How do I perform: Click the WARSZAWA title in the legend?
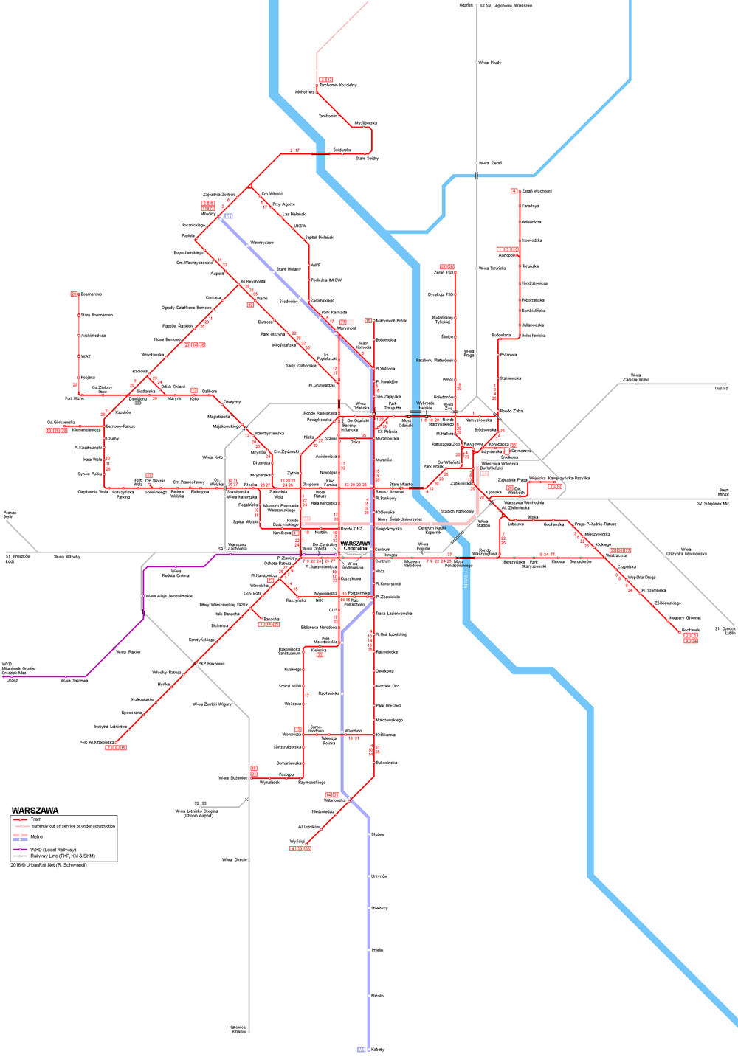pyautogui.click(x=35, y=810)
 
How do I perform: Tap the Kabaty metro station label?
pyautogui.click(x=378, y=1049)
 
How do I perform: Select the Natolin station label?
pyautogui.click(x=377, y=996)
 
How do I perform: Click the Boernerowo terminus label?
pyautogui.click(x=91, y=294)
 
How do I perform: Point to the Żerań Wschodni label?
pyautogui.click(x=537, y=191)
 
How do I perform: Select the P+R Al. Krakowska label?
pyautogui.click(x=97, y=742)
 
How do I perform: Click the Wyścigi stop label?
pyautogui.click(x=297, y=841)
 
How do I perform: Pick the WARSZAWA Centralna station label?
pyautogui.click(x=355, y=546)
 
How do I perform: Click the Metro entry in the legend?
pyautogui.click(x=36, y=836)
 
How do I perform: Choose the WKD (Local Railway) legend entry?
pyautogui.click(x=52, y=850)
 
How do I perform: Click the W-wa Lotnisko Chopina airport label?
pyautogui.click(x=196, y=813)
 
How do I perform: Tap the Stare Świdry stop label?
pyautogui.click(x=367, y=159)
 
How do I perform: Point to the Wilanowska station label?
pyautogui.click(x=334, y=800)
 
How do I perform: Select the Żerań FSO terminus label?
pyautogui.click(x=444, y=273)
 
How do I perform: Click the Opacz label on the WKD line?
pyautogui.click(x=12, y=680)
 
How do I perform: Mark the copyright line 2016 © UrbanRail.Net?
pyautogui.click(x=49, y=865)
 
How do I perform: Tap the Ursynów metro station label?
pyautogui.click(x=379, y=876)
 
